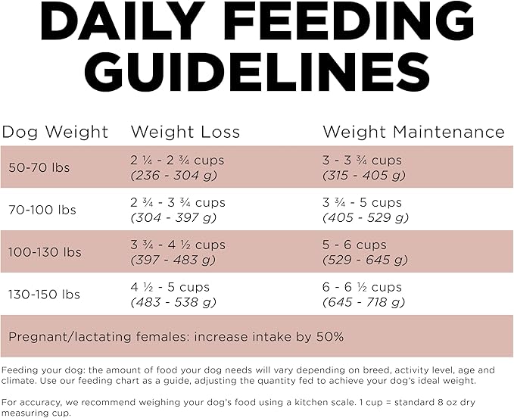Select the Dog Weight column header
click(x=55, y=132)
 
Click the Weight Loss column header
click(x=185, y=132)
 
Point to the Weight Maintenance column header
click(x=413, y=132)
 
